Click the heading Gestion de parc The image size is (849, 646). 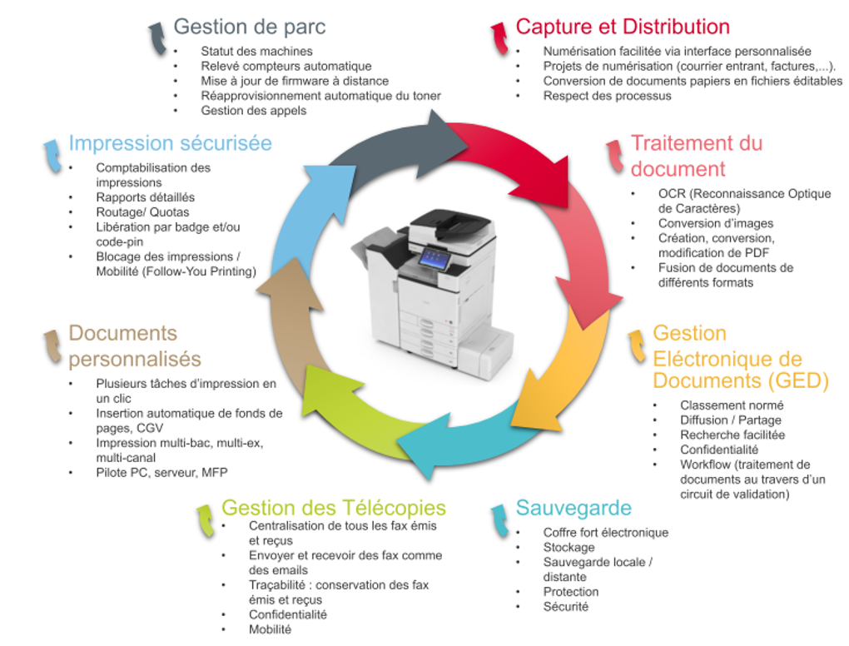coord(249,27)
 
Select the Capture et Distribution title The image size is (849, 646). coord(623,27)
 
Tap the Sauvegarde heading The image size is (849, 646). coord(573,508)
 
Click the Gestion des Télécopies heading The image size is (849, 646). coord(333,508)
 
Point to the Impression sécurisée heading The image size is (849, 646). coord(170,143)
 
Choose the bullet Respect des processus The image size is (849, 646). coord(607,96)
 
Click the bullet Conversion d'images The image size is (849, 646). coord(715,223)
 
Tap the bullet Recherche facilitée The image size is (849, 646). coord(732,435)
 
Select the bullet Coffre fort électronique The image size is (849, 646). coord(605,533)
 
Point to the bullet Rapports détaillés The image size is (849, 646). coord(145,197)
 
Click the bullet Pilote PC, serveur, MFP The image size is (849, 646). coord(161,473)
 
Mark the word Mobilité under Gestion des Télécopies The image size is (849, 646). coord(270,629)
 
